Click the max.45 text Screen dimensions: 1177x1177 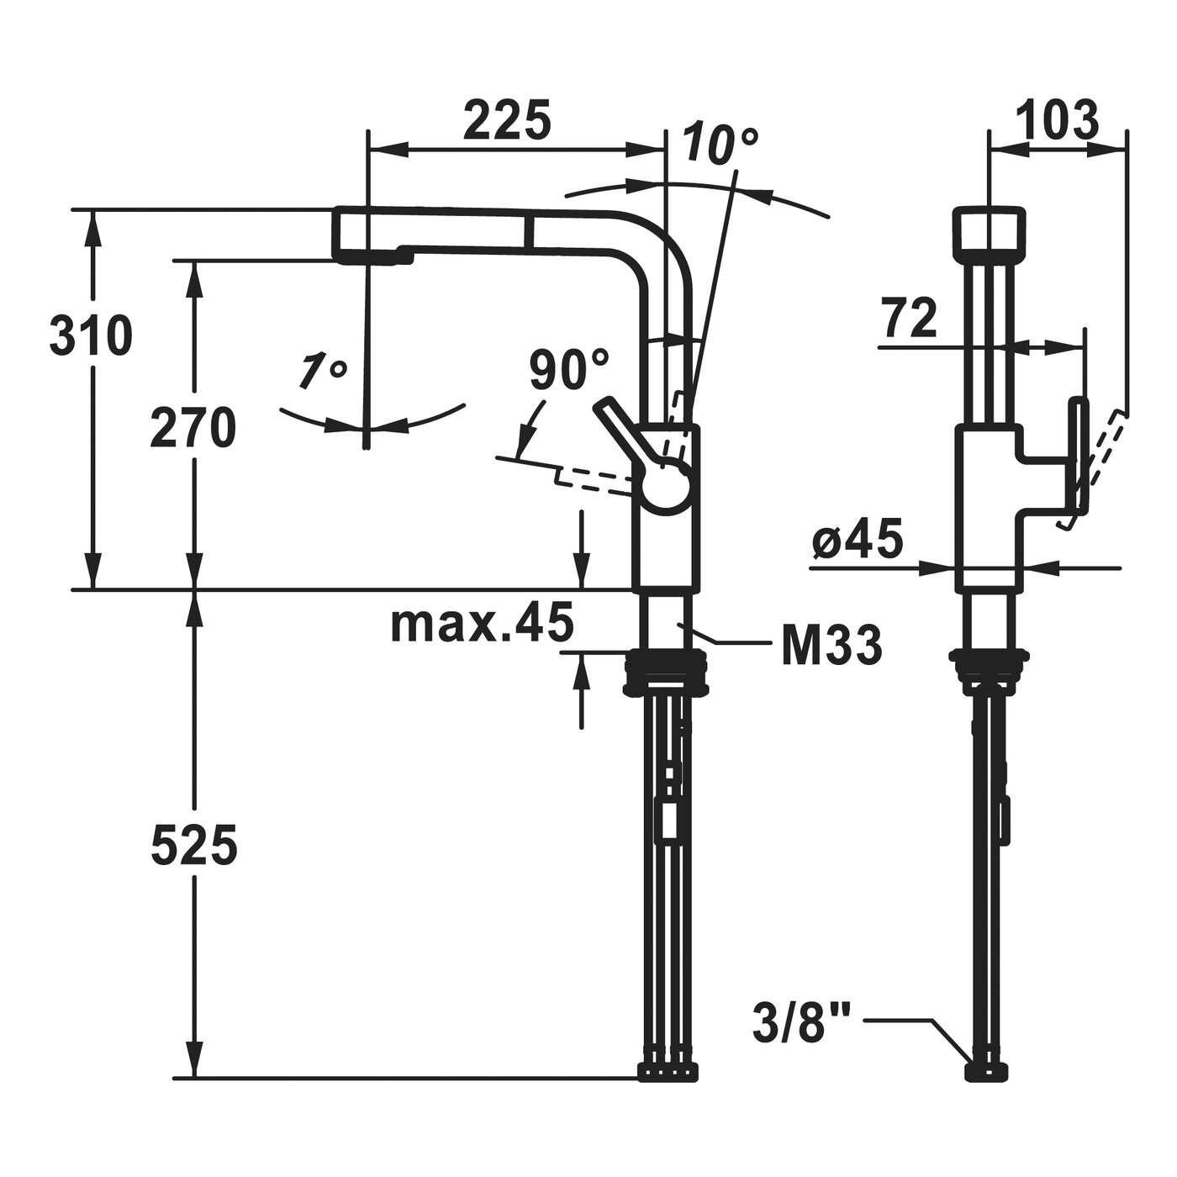(482, 622)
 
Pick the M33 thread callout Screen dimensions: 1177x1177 (831, 646)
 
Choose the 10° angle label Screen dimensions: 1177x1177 (720, 144)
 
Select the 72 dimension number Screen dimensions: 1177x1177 (910, 320)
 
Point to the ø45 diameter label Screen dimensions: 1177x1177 (858, 541)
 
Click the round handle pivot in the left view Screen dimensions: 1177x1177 (664, 487)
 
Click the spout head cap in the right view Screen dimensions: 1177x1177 (990, 227)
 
